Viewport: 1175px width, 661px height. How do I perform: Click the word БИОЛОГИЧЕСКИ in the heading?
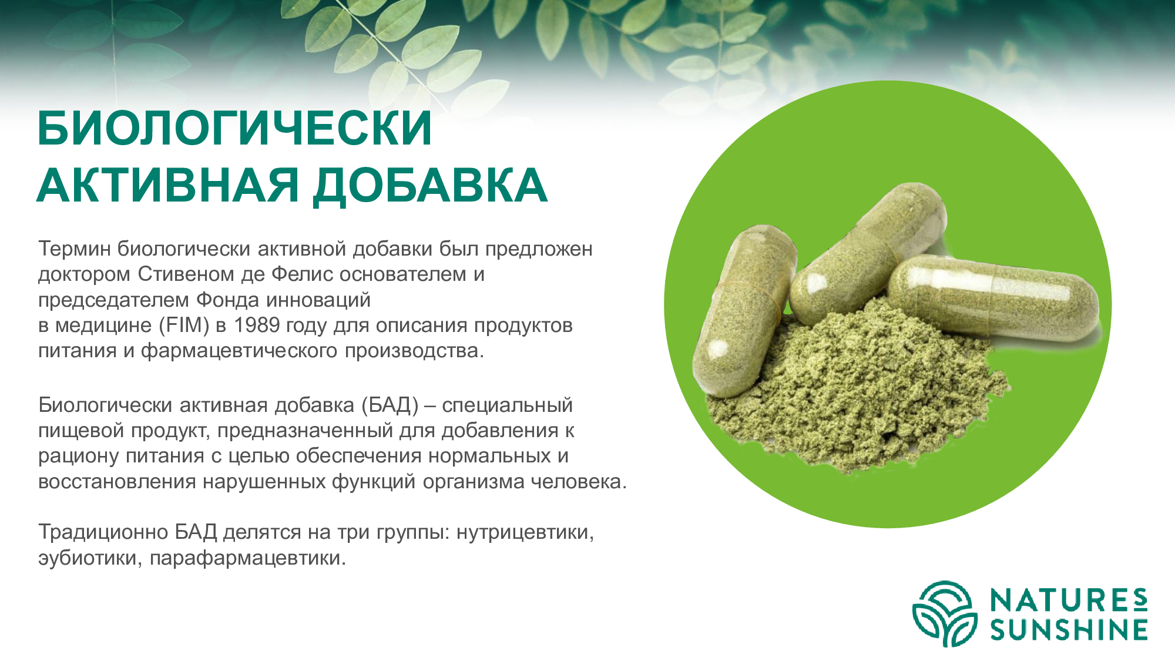[235, 128]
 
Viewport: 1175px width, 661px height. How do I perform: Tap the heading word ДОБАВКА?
[430, 186]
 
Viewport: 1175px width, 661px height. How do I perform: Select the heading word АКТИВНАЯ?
[168, 185]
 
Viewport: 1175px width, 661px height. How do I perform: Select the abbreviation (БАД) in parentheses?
[390, 405]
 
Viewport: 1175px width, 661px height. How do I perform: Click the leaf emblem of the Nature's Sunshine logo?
[945, 613]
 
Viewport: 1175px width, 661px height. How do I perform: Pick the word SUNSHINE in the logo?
[1069, 629]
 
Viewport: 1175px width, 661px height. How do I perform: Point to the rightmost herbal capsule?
[993, 300]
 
